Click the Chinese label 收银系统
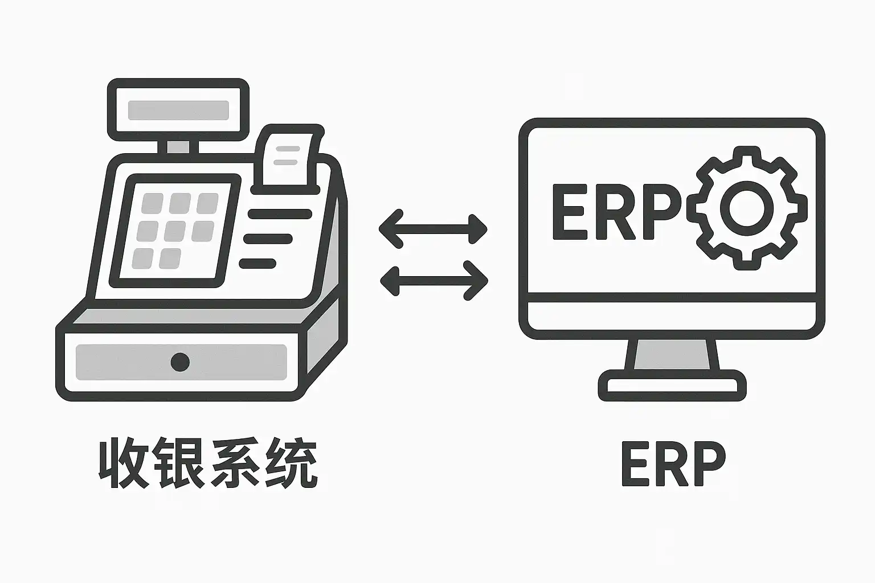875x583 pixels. (x=208, y=463)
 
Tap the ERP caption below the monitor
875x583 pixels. (x=673, y=463)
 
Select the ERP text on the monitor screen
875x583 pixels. (x=615, y=211)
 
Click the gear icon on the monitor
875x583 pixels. (x=746, y=208)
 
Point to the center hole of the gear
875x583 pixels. (x=746, y=208)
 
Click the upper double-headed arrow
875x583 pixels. (x=433, y=229)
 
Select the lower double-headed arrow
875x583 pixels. (x=434, y=280)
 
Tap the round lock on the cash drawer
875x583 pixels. (x=180, y=362)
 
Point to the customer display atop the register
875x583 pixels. (x=178, y=110)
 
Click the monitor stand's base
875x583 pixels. (x=672, y=385)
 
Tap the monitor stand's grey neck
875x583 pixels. (x=672, y=354)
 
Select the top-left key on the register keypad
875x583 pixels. (x=152, y=203)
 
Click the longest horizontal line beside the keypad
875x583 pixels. (x=280, y=214)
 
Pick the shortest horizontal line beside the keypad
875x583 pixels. (x=257, y=264)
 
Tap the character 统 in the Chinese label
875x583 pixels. (x=292, y=463)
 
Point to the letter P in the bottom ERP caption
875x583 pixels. (x=706, y=463)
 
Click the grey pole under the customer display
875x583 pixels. (x=178, y=147)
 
